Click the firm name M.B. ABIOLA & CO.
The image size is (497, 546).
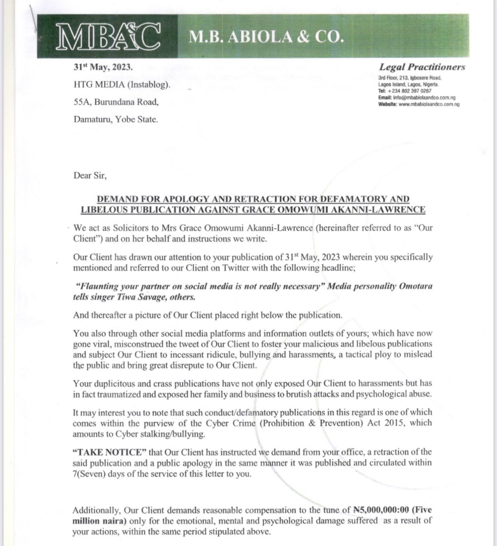point(265,37)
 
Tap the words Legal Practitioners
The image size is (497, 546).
point(422,67)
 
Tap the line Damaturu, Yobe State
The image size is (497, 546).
point(116,119)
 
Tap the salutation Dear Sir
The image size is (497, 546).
point(90,175)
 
